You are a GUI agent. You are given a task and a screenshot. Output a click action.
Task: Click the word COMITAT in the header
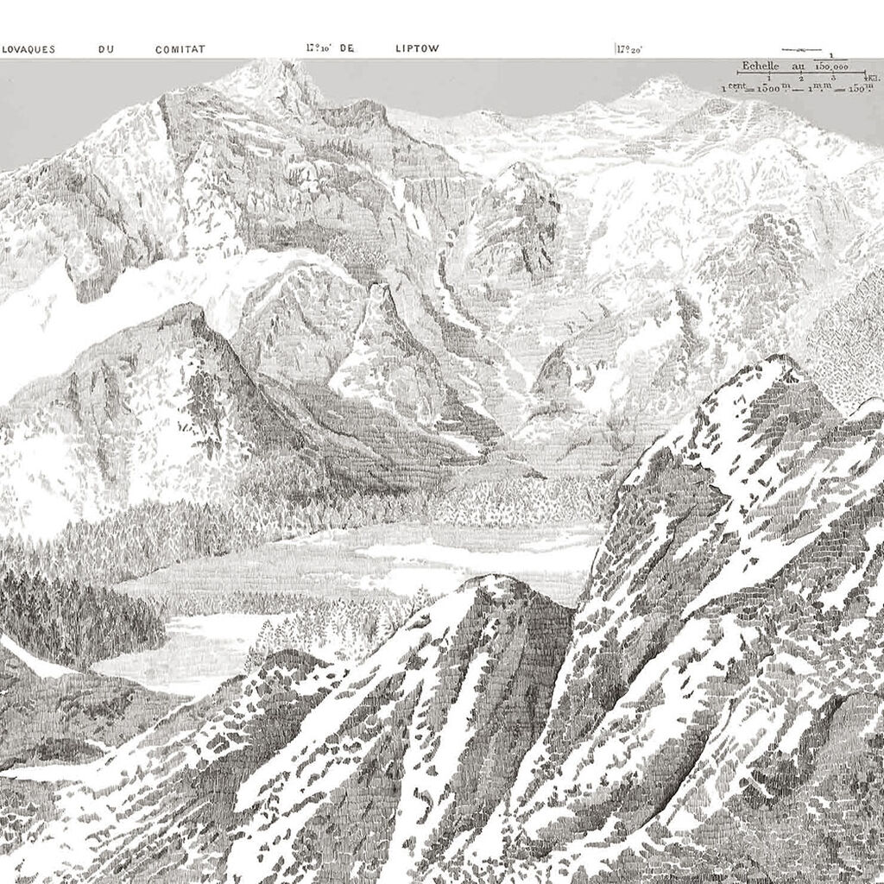[x=180, y=50]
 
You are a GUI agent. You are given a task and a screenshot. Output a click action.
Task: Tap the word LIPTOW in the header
[x=418, y=49]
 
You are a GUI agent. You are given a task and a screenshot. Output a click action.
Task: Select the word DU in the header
[x=106, y=50]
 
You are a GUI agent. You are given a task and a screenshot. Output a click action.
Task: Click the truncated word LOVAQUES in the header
[x=28, y=50]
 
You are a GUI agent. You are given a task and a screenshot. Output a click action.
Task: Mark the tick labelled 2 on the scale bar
[x=801, y=79]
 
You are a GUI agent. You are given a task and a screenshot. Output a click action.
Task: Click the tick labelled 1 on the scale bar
[x=767, y=79]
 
